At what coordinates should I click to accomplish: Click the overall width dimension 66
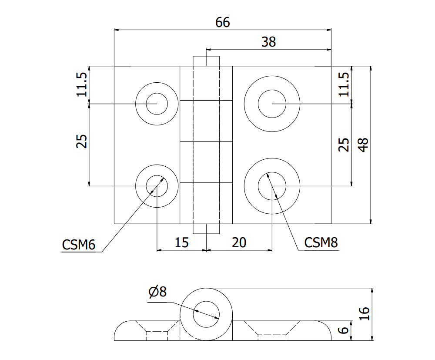(x=222, y=22)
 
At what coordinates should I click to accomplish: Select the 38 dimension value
(x=268, y=42)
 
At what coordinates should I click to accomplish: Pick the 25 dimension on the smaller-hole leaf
(x=82, y=141)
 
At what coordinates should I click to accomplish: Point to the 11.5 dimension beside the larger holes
(x=344, y=84)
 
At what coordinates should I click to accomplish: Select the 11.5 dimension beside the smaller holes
(x=82, y=84)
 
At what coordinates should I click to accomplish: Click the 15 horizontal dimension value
(x=181, y=242)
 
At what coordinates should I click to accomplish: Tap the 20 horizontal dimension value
(x=239, y=242)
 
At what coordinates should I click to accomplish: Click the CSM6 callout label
(x=79, y=245)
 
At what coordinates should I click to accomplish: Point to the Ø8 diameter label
(x=157, y=292)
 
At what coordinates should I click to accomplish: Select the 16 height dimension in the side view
(x=365, y=313)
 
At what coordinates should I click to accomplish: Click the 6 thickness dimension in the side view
(x=344, y=330)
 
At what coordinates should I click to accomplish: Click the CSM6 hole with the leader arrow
(x=157, y=186)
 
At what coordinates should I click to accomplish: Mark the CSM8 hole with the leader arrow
(x=272, y=186)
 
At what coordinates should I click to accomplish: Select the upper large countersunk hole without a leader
(x=272, y=104)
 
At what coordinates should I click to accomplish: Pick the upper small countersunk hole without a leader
(x=157, y=104)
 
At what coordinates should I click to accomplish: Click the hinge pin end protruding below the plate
(x=206, y=229)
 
